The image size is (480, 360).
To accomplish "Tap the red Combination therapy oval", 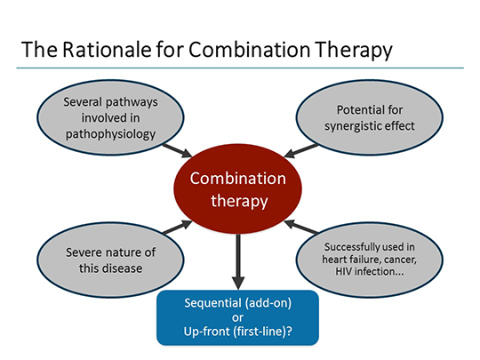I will pyautogui.click(x=237, y=188).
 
